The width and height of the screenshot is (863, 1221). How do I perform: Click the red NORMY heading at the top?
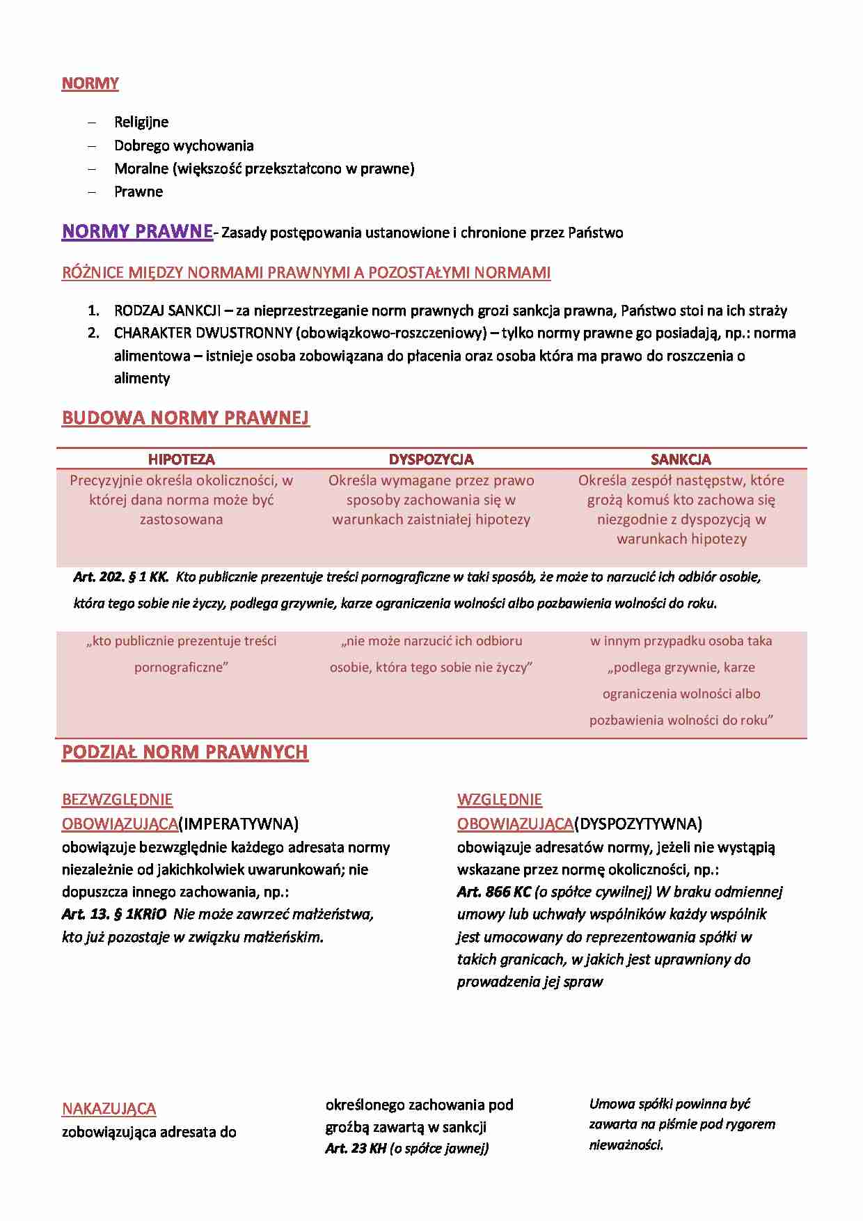[90, 84]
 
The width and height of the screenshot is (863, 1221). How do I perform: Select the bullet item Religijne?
[141, 122]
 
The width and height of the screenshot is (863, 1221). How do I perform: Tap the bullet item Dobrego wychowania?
[184, 145]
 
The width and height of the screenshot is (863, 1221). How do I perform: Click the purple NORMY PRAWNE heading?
[137, 231]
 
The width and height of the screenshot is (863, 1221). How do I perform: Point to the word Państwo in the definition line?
[595, 233]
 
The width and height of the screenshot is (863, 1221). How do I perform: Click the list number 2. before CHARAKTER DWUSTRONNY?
[94, 333]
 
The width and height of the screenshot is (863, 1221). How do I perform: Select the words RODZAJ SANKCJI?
[167, 310]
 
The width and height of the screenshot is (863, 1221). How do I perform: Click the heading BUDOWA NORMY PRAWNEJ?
[186, 418]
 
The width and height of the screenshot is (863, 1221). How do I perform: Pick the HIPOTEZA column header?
[181, 459]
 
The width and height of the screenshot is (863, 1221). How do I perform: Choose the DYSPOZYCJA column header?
[431, 459]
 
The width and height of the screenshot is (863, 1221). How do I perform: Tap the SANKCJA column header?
[681, 459]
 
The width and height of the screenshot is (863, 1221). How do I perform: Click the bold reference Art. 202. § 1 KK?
[120, 576]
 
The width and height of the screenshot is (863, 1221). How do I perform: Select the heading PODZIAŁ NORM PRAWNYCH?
[185, 752]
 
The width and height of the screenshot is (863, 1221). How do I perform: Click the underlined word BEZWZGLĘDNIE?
[117, 799]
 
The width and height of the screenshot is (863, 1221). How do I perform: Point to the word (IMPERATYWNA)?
[239, 824]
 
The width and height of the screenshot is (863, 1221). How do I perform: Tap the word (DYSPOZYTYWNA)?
[638, 824]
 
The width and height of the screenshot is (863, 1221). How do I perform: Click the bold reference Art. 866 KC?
[493, 892]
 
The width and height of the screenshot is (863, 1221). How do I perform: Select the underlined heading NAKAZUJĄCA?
[109, 1108]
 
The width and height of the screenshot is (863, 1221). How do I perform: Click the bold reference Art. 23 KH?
[355, 1148]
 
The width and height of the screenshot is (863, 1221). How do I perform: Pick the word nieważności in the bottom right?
[626, 1144]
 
